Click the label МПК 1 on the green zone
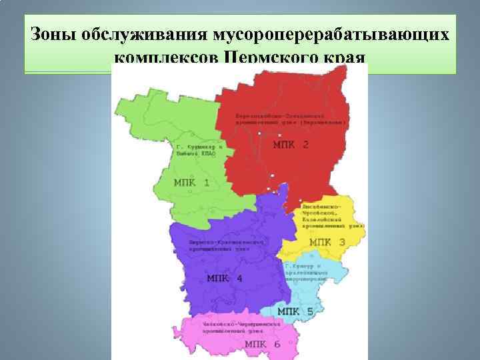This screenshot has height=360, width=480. click(191, 183)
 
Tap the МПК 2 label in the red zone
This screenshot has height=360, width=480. click(291, 144)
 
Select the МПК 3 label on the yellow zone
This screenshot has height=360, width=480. click(327, 242)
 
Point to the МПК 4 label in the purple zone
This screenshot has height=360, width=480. click(225, 279)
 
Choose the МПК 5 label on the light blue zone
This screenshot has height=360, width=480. click(295, 311)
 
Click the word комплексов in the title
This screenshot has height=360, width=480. click(165, 59)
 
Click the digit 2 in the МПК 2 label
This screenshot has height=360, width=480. click(305, 144)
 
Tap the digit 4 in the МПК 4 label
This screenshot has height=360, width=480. click(239, 279)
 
